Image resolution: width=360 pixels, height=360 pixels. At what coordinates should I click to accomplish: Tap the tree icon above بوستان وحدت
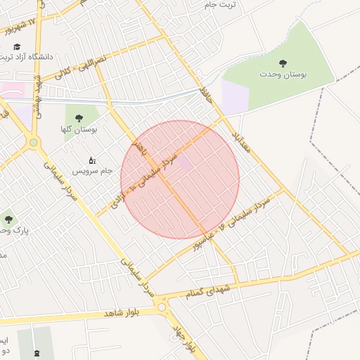[x=283, y=63]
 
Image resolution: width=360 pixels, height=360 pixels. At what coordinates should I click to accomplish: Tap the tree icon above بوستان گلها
[x=78, y=118]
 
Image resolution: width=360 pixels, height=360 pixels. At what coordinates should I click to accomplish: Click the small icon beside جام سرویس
[x=91, y=160]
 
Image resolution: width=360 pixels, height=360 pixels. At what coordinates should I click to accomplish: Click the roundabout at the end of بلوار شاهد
[x=163, y=307]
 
